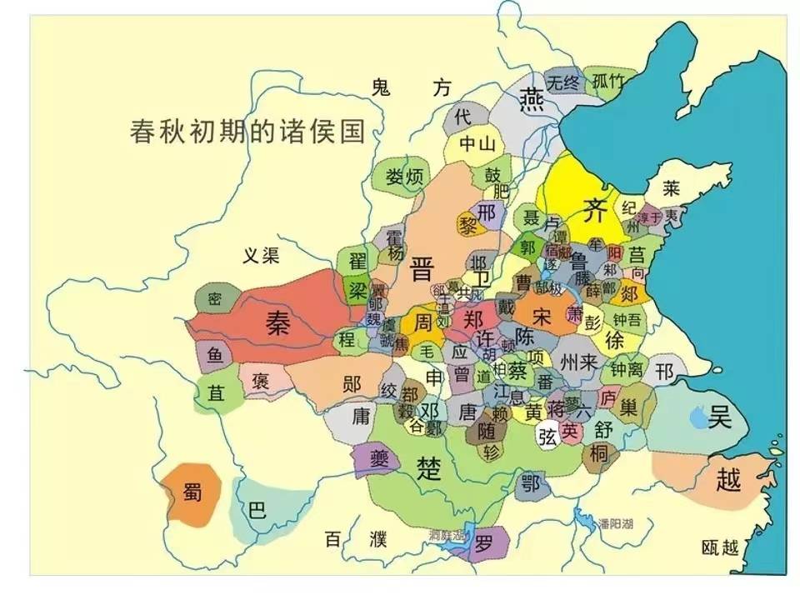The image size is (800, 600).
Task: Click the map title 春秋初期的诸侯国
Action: [248, 132]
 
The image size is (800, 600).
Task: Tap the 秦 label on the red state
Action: [277, 320]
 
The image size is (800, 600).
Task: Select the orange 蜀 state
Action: [192, 493]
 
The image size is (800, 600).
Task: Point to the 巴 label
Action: [258, 509]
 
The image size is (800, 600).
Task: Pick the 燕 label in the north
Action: [531, 99]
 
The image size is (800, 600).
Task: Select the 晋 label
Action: [422, 268]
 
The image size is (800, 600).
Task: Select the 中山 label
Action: [477, 143]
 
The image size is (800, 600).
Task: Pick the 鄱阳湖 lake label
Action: [615, 523]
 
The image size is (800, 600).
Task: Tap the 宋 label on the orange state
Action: [542, 317]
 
